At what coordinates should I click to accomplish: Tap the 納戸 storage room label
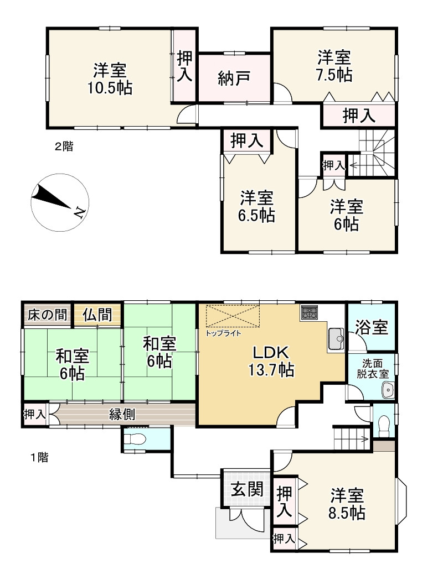coord(233,77)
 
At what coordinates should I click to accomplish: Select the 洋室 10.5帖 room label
coord(109,79)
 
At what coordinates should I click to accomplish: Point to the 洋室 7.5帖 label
coord(334,66)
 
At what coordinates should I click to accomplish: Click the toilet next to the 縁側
coord(135,439)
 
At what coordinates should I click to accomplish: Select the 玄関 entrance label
coord(247,490)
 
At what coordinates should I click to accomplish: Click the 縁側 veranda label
coord(122,414)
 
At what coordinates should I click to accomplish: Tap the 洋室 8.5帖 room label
coord(347,503)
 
